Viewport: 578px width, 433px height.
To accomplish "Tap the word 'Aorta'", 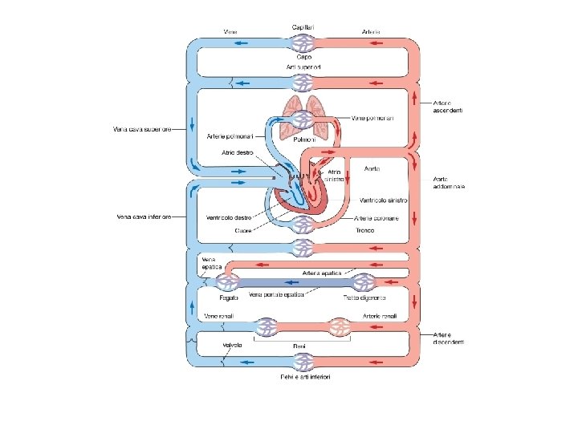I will (x=372, y=169).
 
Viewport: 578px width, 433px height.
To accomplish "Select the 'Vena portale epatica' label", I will (x=277, y=295).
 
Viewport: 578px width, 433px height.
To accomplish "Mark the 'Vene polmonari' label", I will (x=373, y=118).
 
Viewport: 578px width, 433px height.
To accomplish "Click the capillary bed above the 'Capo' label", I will (x=303, y=43).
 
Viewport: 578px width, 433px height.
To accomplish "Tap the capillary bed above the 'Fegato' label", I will (x=227, y=281).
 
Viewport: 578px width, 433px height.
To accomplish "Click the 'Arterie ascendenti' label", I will (x=448, y=106).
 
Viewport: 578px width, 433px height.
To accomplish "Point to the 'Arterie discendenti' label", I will (x=448, y=338).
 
